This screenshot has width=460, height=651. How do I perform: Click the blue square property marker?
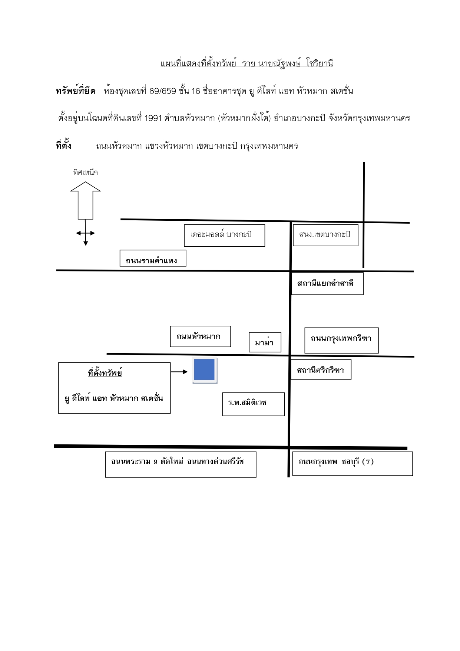(205, 370)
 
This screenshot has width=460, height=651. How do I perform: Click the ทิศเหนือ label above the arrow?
(85, 172)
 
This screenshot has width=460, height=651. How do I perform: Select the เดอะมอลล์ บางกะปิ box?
(225, 235)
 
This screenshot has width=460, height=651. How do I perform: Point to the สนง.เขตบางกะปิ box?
(325, 235)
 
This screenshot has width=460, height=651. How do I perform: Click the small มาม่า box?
(265, 342)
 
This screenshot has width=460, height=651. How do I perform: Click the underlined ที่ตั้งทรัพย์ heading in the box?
(105, 373)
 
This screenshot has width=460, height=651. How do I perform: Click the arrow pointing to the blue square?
(179, 371)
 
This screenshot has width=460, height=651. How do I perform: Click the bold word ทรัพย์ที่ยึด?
(76, 91)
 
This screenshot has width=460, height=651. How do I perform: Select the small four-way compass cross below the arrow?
(86, 233)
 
